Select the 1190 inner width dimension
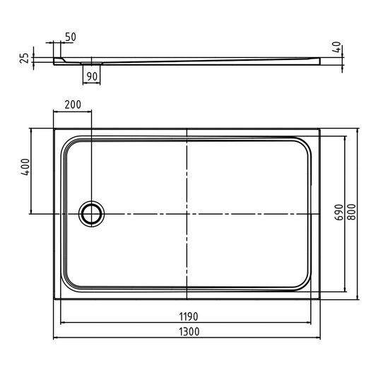click(x=187, y=316)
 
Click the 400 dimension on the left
click(x=25, y=168)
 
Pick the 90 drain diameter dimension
click(x=92, y=76)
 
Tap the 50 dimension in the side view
click(x=71, y=37)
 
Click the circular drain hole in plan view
click(x=90, y=213)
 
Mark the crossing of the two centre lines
click(x=186, y=213)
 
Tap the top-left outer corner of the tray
click(x=54, y=129)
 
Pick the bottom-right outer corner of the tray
click(x=319, y=297)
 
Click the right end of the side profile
click(x=319, y=61)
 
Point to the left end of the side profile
click(x=55, y=61)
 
